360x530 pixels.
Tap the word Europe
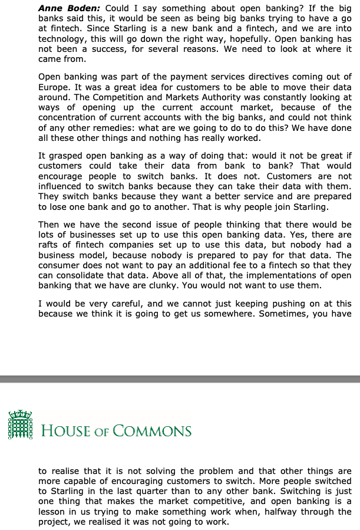54,86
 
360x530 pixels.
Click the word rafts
50,245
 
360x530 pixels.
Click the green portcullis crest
20,424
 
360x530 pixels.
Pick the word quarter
162,491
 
